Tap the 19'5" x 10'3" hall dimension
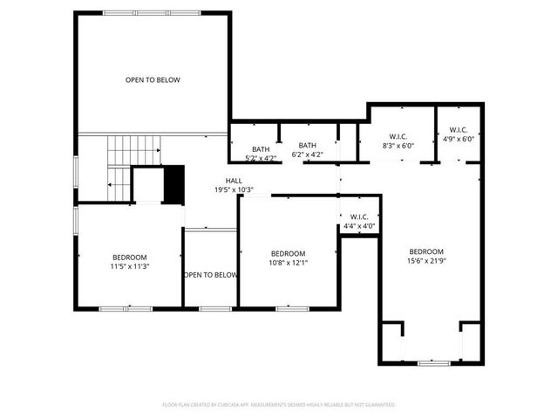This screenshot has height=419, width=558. (x=233, y=189)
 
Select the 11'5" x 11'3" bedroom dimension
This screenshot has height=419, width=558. (x=130, y=266)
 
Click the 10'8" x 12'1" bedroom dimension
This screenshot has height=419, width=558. (x=288, y=262)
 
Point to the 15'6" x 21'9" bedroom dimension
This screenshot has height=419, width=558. (x=427, y=260)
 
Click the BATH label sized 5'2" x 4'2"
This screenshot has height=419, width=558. (x=262, y=158)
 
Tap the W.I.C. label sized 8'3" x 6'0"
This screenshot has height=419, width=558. (x=398, y=146)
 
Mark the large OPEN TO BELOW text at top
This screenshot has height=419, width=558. (x=153, y=80)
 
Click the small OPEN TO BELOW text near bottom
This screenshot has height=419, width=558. (x=210, y=275)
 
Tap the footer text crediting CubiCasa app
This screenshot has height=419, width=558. (x=279, y=405)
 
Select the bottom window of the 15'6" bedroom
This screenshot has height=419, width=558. (x=431, y=362)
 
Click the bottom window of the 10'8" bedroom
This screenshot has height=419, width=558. (x=288, y=307)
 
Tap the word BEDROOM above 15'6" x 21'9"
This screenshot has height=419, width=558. (x=427, y=251)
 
